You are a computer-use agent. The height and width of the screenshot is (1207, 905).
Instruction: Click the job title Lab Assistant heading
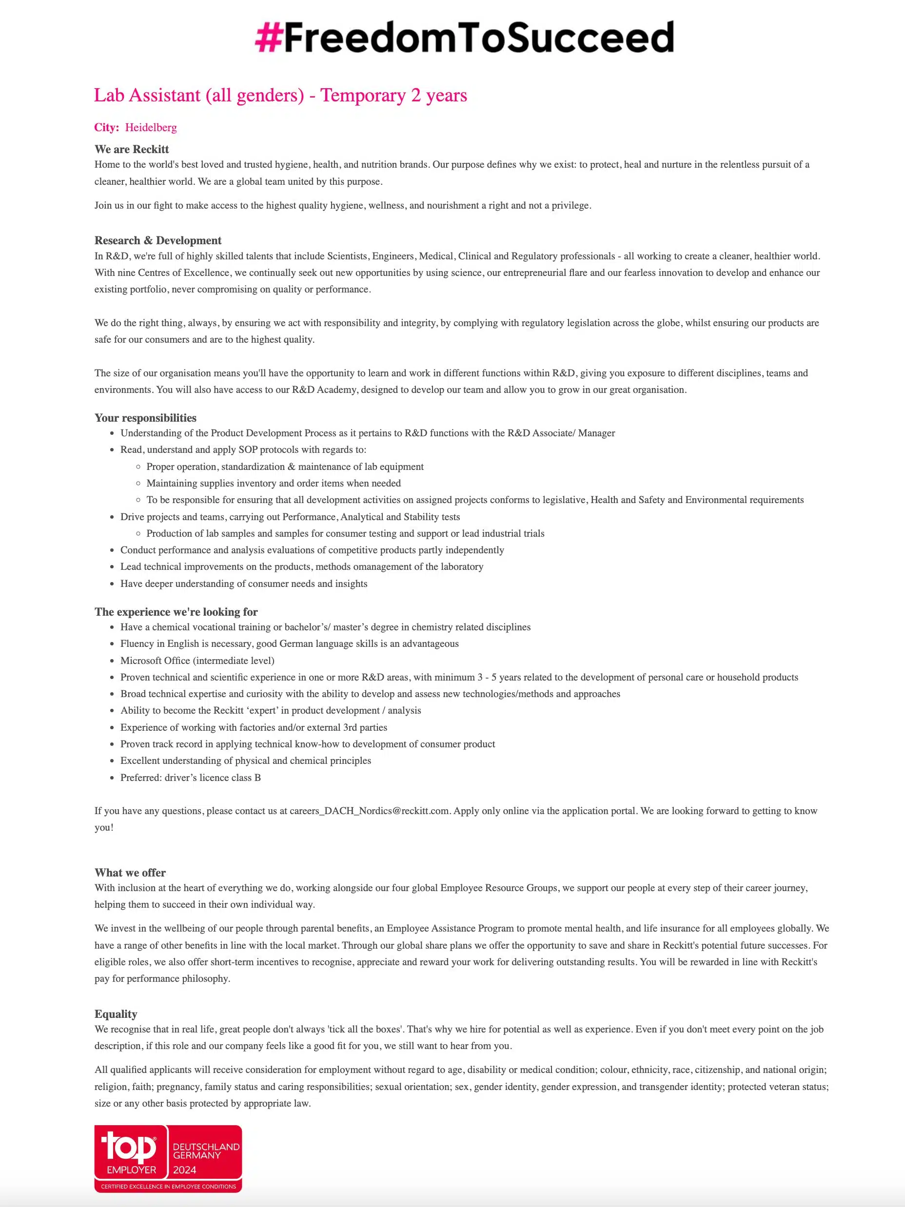280,96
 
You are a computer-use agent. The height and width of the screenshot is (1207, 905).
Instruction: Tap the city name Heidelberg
151,128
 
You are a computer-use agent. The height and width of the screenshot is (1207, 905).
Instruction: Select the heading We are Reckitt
132,149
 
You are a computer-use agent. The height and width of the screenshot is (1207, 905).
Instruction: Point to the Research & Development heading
158,240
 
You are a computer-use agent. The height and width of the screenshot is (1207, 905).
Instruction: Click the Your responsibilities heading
145,417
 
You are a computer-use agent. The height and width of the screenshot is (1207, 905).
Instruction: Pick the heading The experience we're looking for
176,612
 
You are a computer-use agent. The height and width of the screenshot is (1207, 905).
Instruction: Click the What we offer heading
130,872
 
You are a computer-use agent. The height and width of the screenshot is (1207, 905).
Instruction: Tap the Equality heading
116,1014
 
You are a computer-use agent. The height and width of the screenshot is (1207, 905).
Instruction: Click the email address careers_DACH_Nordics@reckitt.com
370,810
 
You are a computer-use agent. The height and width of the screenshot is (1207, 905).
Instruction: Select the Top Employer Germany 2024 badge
168,1158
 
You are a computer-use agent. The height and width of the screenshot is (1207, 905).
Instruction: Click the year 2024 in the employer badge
184,1170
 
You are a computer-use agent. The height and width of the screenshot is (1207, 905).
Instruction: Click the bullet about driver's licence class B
191,778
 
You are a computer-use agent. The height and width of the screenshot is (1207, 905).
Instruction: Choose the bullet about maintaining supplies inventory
274,483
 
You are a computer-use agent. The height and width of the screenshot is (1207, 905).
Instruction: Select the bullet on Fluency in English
289,643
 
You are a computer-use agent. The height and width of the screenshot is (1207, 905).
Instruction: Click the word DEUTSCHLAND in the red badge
206,1147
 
